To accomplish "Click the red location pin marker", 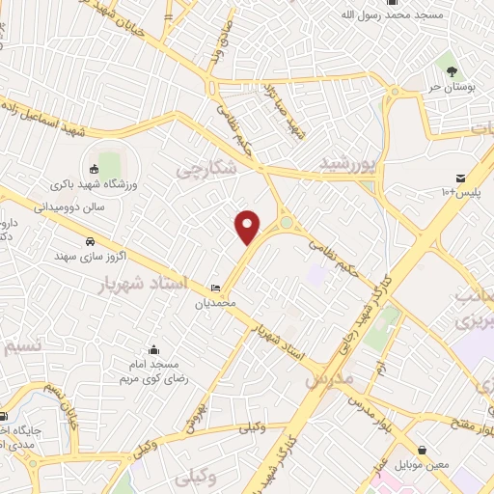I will click(249, 228).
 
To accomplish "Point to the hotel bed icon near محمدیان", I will click(215, 288).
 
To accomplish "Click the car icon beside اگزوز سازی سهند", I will click(90, 241).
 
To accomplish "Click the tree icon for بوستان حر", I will click(449, 69).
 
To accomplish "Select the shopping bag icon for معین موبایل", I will click(424, 450).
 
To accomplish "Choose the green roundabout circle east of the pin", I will click(287, 225).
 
